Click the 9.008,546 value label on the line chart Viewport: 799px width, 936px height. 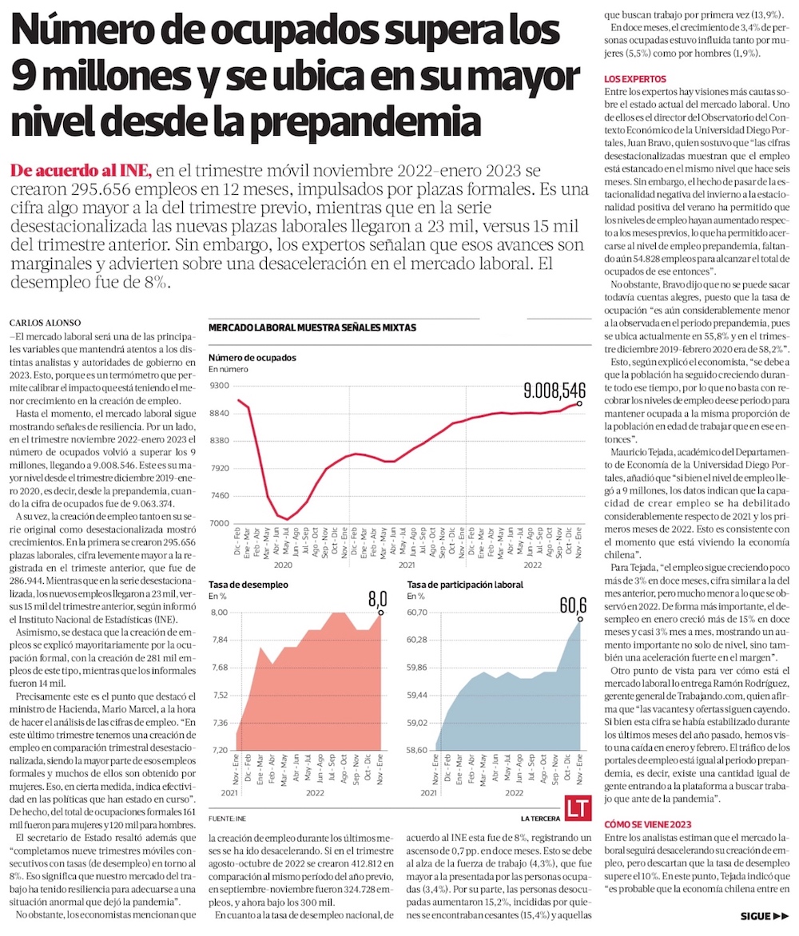tap(555, 391)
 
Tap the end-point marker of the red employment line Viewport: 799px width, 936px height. tap(579, 403)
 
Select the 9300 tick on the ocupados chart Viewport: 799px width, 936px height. tap(220, 385)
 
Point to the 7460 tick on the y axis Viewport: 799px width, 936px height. tap(220, 495)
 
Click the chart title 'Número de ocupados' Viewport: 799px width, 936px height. tap(252, 357)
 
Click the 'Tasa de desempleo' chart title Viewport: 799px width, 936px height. tap(248, 585)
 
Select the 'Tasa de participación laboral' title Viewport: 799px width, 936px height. tap(465, 585)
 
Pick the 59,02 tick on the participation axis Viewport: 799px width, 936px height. tap(419, 723)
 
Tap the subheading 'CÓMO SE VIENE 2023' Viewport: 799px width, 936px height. tap(648, 824)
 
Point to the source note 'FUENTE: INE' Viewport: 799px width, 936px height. tap(228, 819)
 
